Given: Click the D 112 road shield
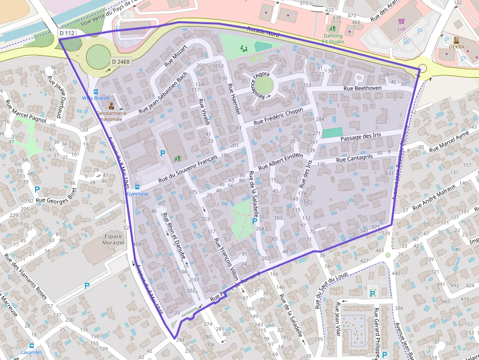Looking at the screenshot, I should click(66, 33).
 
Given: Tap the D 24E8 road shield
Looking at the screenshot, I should click(120, 62).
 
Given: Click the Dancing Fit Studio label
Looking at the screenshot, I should click(333, 39).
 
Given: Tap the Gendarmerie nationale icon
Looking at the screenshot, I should click(111, 106).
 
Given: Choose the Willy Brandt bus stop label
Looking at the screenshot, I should click(95, 98).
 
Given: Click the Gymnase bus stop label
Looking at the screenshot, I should click(137, 193).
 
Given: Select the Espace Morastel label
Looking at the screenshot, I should click(113, 239).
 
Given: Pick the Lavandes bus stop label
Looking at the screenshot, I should click(31, 352).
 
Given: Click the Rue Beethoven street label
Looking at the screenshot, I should click(362, 88).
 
